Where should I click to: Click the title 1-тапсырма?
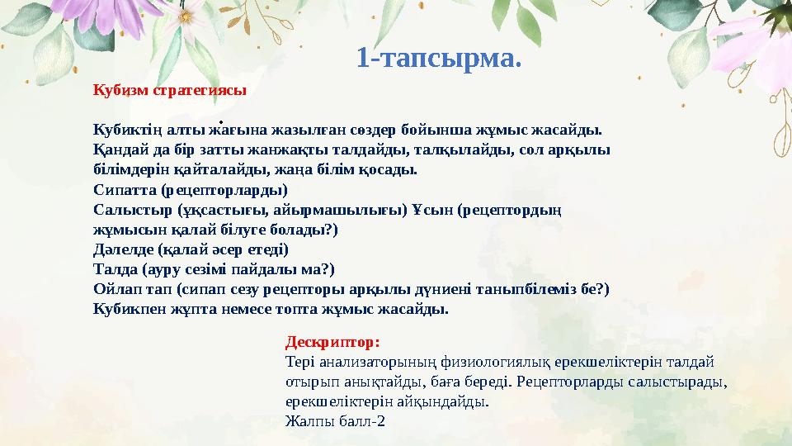coord(439,58)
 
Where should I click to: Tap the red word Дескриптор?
coord(332,340)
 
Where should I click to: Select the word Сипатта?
coord(124,189)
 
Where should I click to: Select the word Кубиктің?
coord(128,130)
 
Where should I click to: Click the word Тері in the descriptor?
coord(298,361)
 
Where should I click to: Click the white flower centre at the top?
coord(185,16)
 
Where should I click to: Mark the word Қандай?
coord(120,149)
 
